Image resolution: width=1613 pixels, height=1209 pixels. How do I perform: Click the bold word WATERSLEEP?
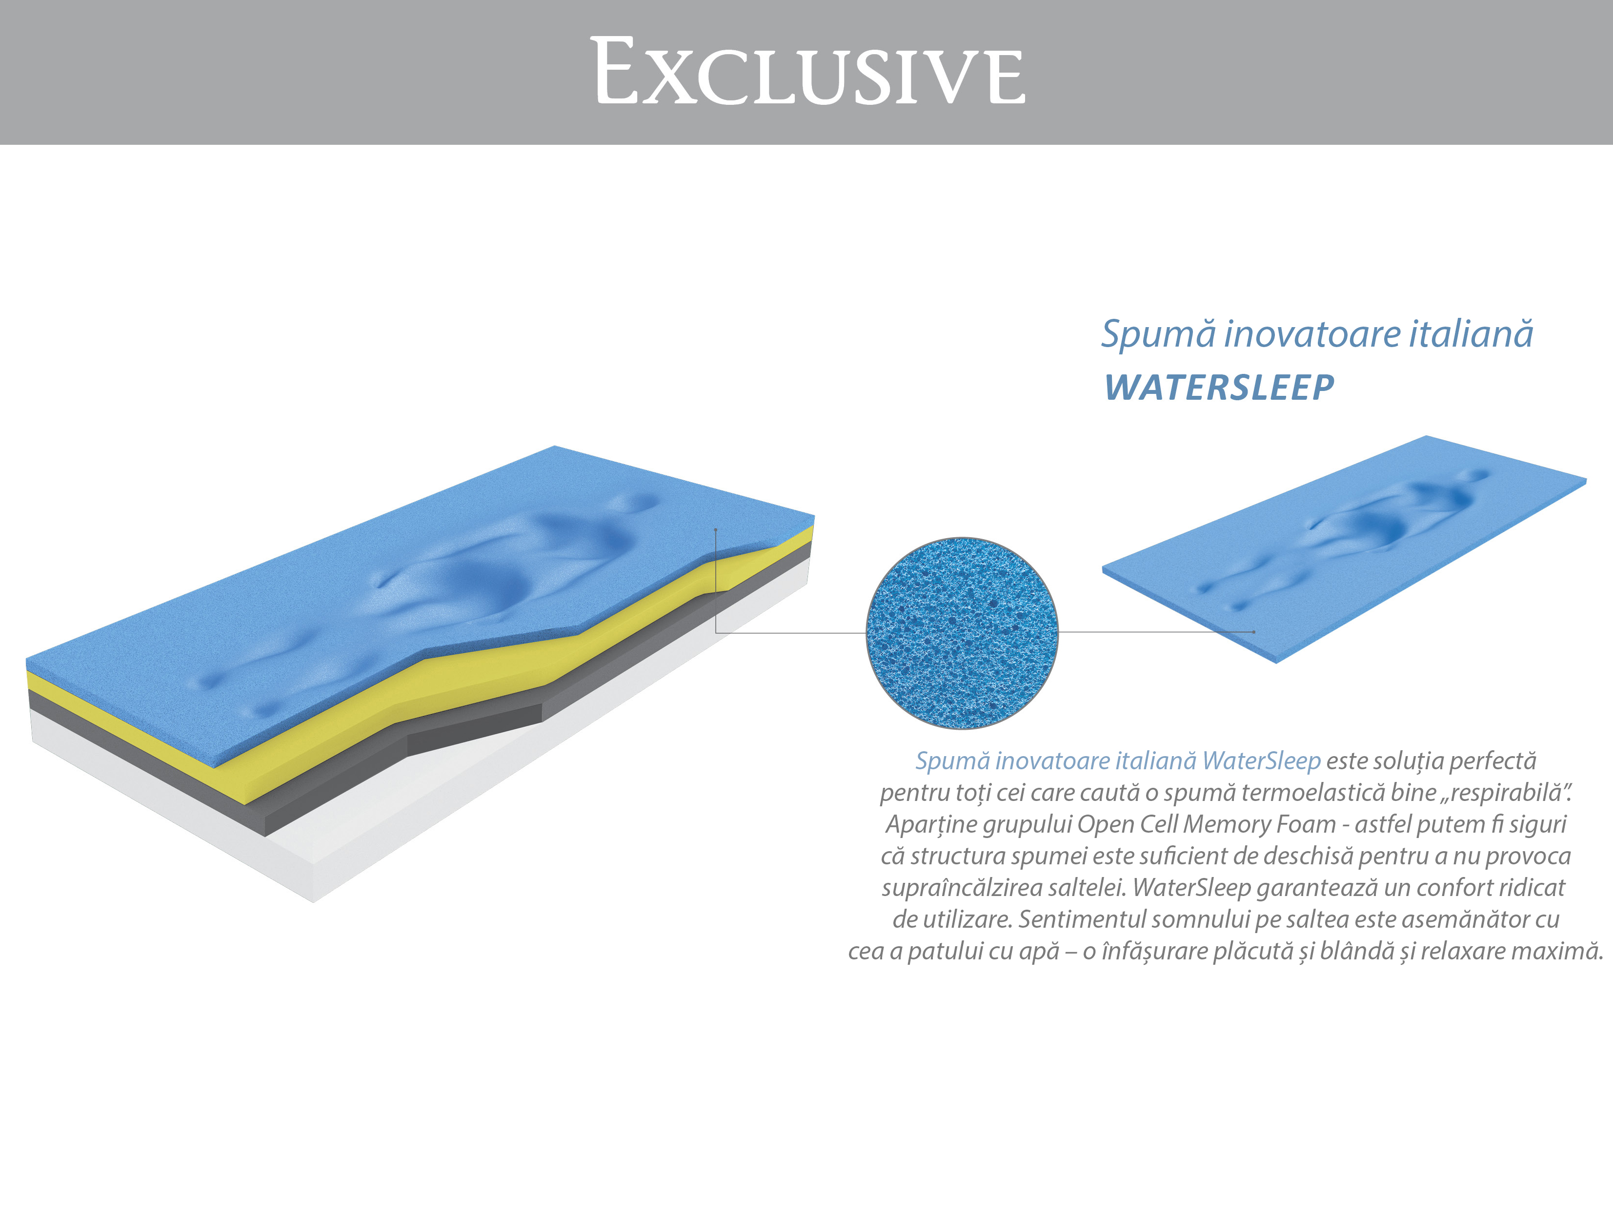[1219, 387]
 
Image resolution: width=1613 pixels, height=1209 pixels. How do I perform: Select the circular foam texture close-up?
[962, 633]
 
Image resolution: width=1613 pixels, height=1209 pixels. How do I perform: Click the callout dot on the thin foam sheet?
[1253, 632]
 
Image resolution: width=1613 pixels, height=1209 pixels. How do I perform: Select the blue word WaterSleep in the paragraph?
[1262, 761]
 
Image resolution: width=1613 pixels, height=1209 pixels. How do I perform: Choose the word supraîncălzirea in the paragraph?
[961, 888]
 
